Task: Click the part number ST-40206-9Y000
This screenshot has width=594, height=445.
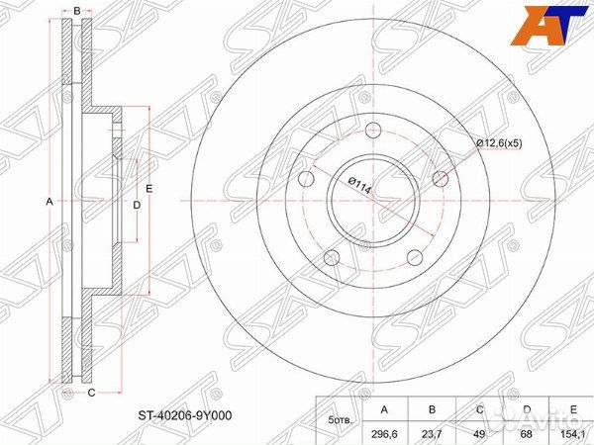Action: click(x=184, y=415)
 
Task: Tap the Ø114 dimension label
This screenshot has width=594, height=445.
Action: click(x=359, y=186)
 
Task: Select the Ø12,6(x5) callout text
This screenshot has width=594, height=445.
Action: click(x=500, y=143)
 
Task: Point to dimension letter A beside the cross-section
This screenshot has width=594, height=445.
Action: click(x=49, y=202)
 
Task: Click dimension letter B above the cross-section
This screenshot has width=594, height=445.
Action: click(x=77, y=11)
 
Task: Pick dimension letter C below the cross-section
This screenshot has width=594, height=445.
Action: click(x=91, y=394)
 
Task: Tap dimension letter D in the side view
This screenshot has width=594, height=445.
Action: click(x=137, y=205)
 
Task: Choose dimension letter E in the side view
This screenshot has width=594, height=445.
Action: click(x=149, y=189)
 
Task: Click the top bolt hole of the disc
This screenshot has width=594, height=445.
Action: click(x=373, y=130)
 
